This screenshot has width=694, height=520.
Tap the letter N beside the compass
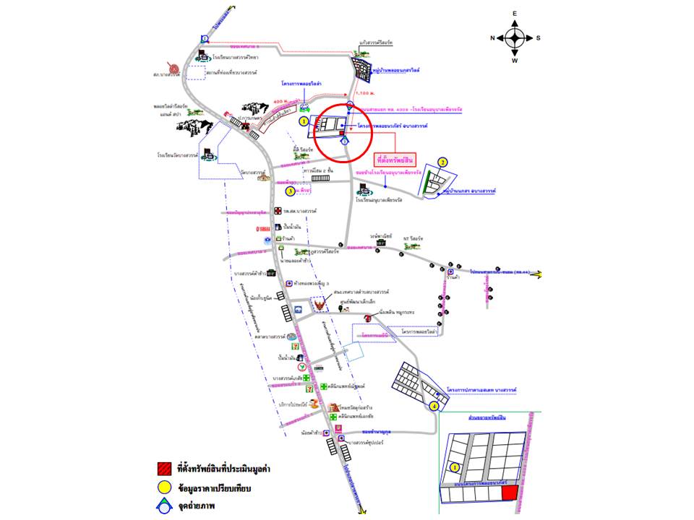pyautogui.click(x=492, y=38)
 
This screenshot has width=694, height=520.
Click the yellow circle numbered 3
pyautogui.click(x=290, y=191)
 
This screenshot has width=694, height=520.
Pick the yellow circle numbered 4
pyautogui.click(x=434, y=407)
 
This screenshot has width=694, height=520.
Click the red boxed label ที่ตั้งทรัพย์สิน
pyautogui.click(x=396, y=158)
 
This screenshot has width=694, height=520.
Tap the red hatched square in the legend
pyautogui.click(x=166, y=469)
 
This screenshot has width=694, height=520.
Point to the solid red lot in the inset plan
pyautogui.click(x=510, y=493)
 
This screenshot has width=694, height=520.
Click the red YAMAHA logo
pyautogui.click(x=263, y=229)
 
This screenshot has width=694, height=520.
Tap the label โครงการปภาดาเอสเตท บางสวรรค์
pyautogui.click(x=481, y=389)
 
